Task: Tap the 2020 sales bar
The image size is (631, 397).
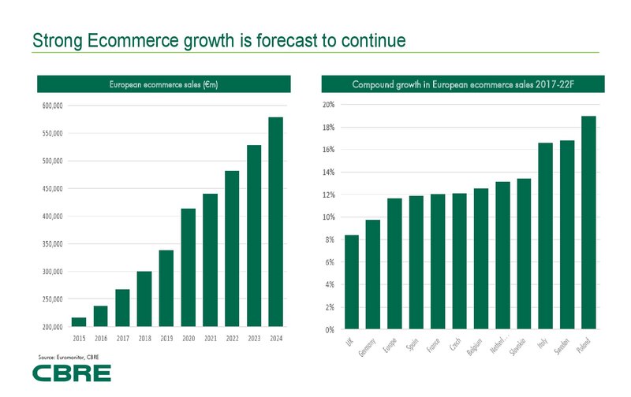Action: (188, 267)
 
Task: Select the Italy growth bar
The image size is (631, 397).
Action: (545, 236)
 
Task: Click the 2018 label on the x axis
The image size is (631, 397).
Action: (144, 338)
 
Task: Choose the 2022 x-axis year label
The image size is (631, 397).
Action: (232, 338)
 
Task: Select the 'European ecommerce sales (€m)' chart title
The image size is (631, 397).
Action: (165, 84)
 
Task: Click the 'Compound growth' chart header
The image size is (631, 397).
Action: (462, 84)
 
